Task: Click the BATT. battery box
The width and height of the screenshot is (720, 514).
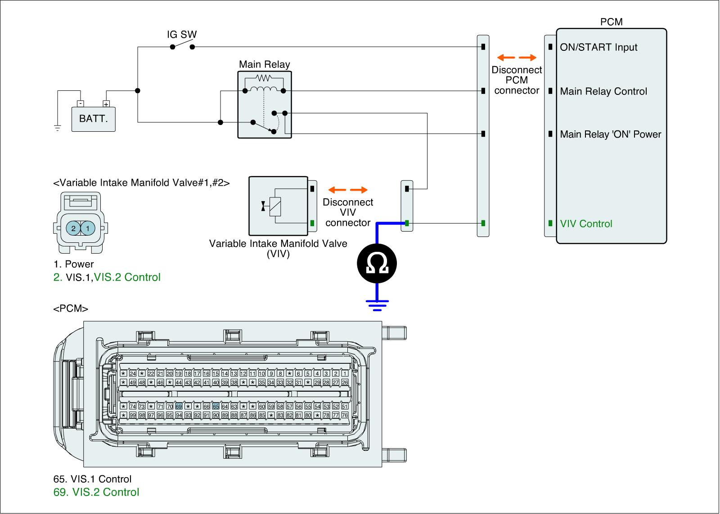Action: (x=93, y=119)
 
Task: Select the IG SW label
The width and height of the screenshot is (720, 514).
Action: (x=182, y=35)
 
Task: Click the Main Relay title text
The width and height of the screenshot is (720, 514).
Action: (x=264, y=64)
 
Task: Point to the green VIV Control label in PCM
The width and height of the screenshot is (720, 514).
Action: (x=586, y=224)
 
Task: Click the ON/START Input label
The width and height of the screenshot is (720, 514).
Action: (x=598, y=47)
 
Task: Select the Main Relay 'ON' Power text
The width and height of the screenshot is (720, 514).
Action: (x=610, y=134)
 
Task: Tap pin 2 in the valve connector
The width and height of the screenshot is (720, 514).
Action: (x=73, y=228)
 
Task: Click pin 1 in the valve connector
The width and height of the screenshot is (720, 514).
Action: (x=88, y=228)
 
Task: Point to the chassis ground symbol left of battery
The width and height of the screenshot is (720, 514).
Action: (x=58, y=128)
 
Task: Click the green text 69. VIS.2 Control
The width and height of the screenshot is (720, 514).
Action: (x=96, y=492)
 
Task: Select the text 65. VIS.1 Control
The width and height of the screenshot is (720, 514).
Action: (x=92, y=479)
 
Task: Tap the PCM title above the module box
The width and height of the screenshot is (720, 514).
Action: (x=611, y=22)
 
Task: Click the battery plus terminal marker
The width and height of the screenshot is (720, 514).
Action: (x=106, y=104)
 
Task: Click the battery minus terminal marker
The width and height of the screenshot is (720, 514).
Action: (x=80, y=104)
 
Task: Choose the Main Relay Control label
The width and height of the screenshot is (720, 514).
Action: (x=603, y=91)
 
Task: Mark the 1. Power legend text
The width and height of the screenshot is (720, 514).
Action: (x=73, y=264)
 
